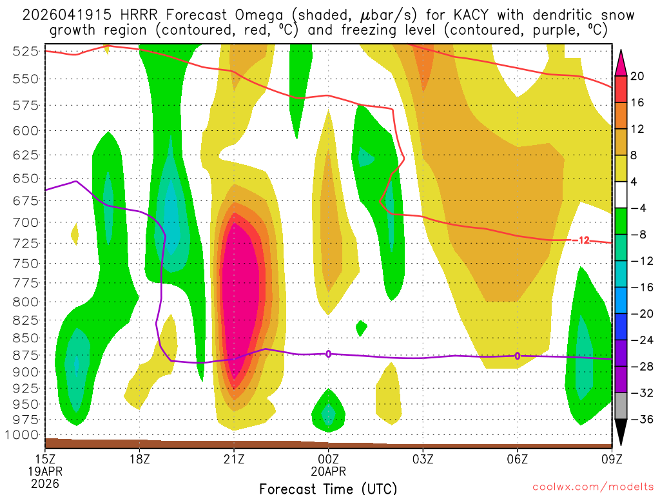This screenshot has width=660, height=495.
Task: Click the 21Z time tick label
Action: [234, 460]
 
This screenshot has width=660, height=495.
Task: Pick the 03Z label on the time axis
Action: [423, 460]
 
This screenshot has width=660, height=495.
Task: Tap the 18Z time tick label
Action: [140, 460]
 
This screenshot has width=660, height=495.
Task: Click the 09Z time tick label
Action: [611, 460]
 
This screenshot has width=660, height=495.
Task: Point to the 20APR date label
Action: [329, 472]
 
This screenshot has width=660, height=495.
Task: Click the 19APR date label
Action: [45, 472]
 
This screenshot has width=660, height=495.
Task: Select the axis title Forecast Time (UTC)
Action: [329, 488]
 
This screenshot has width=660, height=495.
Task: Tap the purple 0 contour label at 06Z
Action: [517, 356]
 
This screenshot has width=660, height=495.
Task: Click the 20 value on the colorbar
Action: [637, 77]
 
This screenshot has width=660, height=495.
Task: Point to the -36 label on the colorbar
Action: [639, 420]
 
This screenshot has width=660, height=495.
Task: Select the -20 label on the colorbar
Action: [639, 314]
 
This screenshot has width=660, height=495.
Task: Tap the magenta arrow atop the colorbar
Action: [621, 61]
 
